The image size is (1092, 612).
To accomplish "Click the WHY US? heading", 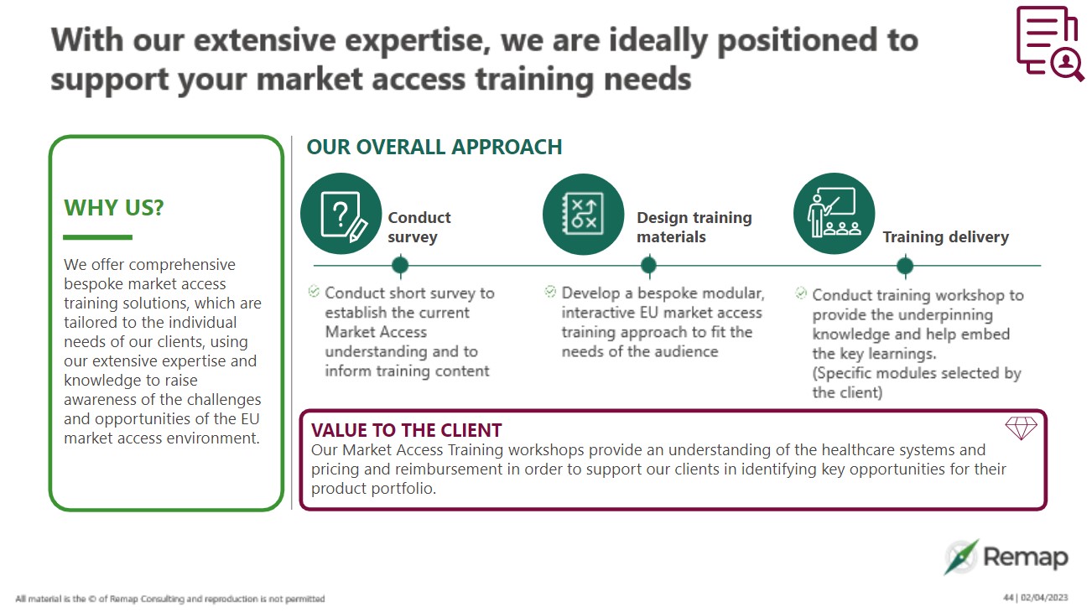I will (114, 208).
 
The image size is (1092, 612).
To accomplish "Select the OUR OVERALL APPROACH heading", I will (434, 148).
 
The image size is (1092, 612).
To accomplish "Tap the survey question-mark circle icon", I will (341, 214).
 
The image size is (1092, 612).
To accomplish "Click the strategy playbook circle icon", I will (583, 214).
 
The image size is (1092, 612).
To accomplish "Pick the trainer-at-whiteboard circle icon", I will (834, 214).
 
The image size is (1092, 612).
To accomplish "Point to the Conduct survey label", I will (419, 227).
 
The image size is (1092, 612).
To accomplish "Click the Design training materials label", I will (694, 227).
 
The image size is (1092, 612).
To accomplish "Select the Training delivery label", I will (945, 237).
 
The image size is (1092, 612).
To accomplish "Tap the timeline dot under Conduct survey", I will (400, 266).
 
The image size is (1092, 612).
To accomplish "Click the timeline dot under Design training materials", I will (648, 266).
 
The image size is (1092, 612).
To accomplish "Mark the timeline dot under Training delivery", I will (904, 266).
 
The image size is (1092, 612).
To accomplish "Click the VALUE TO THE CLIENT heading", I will (406, 431).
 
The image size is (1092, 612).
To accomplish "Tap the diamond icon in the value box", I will (1021, 428).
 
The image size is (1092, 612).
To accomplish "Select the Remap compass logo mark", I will (960, 557).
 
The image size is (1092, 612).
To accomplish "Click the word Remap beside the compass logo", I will (1025, 558).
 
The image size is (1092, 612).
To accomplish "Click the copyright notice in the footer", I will (170, 599).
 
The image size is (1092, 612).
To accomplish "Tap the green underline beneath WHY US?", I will (98, 237).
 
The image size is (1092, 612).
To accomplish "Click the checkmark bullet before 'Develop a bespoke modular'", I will (550, 292).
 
